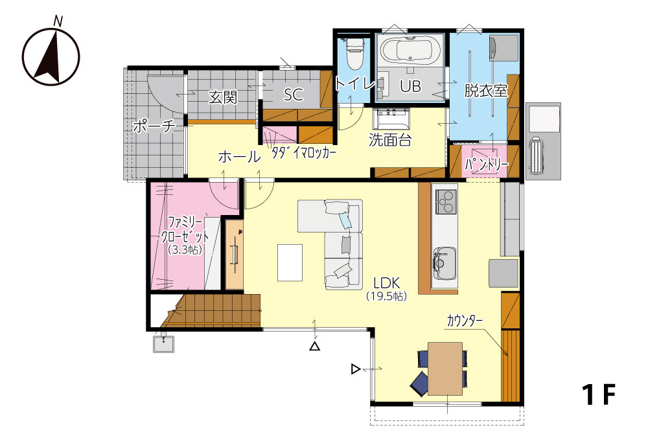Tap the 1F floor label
599,394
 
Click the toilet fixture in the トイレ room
354,53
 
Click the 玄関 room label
223,97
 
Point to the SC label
294,95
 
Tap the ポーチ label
154,126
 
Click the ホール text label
240,157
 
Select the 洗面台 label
390,140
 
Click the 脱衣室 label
485,91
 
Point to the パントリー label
486,165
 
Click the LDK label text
387,283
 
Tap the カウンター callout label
465,321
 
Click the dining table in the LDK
445,369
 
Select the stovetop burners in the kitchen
445,201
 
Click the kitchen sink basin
445,264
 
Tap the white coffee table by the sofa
290,263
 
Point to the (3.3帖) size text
185,249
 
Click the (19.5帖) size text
387,296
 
